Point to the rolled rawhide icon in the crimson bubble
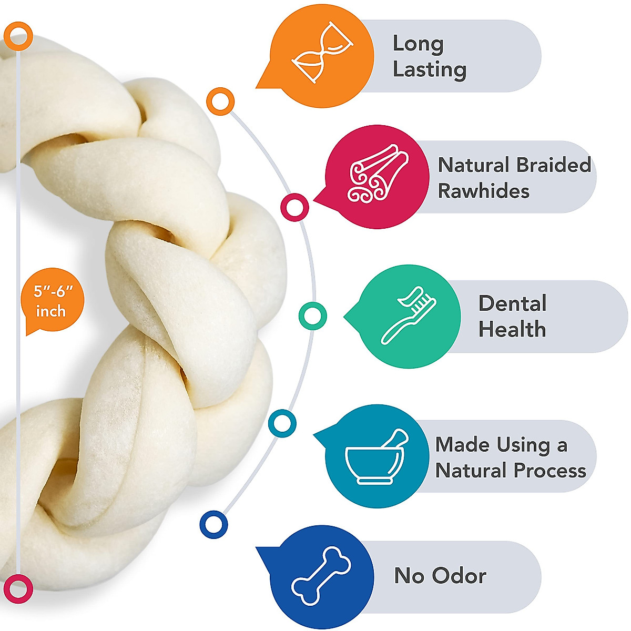tap(378, 174)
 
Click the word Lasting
tap(430, 69)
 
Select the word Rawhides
tap(483, 191)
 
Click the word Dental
tap(512, 303)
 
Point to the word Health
tap(512, 330)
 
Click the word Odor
tap(459, 576)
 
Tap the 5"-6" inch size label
tap(50, 301)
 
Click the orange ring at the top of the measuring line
tap(19, 36)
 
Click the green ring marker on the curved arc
tap(312, 316)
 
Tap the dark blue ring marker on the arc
tap(213, 524)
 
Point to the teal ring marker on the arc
tap(282, 423)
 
